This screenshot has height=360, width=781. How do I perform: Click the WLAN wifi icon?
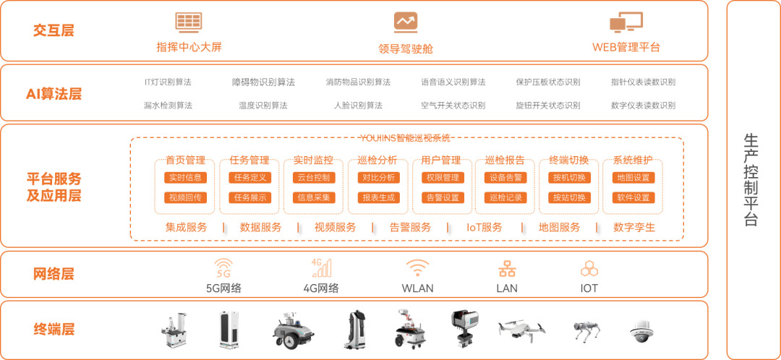pos(417,268)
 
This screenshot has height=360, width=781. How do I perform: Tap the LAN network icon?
pos(507,269)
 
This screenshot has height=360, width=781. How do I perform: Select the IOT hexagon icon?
pos(589,268)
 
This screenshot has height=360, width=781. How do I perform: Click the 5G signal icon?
pos(223,268)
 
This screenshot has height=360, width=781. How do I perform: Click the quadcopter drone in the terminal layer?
pos(521,327)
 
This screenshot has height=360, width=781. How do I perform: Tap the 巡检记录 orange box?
pos(505,197)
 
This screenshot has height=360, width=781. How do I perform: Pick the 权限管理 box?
pos(442,177)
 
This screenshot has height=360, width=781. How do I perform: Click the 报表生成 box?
pos(378,197)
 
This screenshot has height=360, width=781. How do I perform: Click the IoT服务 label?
pos(485,227)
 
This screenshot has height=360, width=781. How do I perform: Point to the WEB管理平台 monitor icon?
pos(626,23)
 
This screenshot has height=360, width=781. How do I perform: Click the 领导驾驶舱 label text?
pos(406,48)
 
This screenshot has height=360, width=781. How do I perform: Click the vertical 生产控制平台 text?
pos(752,179)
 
